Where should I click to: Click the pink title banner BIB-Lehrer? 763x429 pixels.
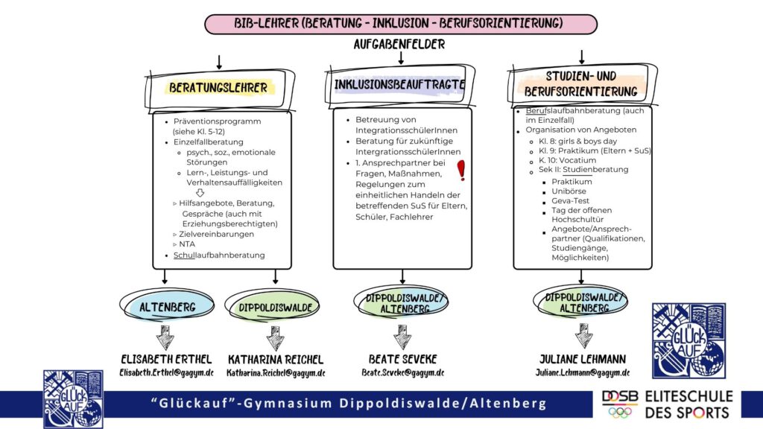401,24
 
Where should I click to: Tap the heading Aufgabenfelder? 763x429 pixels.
399,45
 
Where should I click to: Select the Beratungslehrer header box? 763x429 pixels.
218,88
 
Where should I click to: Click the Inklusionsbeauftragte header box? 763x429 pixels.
399,85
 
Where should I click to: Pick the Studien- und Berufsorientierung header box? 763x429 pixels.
580,84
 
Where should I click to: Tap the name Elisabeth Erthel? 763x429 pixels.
166,357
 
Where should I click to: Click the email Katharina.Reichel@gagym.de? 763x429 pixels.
276,372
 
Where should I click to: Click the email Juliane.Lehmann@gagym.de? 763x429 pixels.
582,372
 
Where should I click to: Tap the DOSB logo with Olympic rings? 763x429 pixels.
619,403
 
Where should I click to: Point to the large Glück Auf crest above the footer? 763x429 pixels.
688,340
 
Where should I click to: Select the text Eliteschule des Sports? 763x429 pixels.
688,403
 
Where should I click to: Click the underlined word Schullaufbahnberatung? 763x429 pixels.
219,255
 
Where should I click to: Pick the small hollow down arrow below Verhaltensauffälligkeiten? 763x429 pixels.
200,193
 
